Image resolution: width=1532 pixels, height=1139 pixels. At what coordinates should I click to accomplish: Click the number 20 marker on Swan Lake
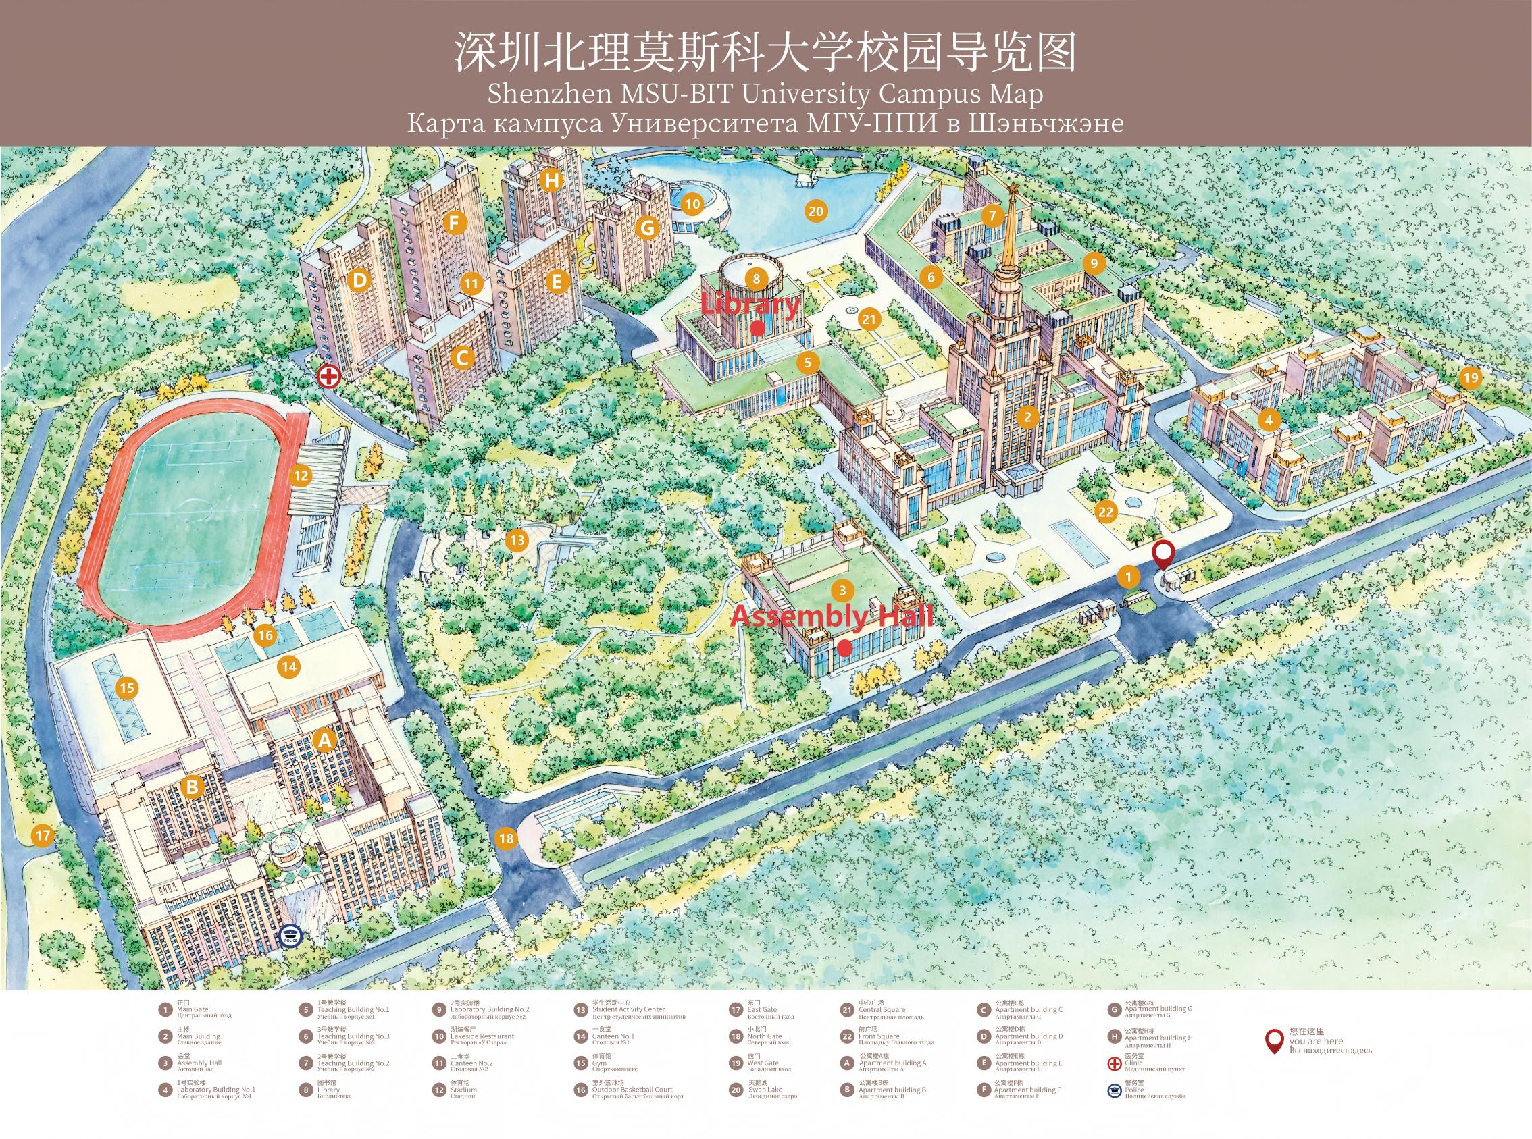815,211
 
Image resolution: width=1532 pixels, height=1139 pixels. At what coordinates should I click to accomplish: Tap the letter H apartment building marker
551,181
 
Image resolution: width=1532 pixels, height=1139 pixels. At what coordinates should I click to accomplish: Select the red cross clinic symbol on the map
329,377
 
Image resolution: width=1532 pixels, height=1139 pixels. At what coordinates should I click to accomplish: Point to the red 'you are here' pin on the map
1165,554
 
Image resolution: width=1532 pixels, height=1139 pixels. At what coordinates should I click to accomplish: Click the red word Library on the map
750,304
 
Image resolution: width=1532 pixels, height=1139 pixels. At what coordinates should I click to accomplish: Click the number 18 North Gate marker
507,839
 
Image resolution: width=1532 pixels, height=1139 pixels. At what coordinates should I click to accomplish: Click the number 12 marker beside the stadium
301,475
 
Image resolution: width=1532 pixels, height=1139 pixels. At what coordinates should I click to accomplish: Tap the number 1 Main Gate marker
1129,577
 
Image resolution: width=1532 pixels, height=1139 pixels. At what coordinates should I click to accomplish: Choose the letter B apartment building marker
193,787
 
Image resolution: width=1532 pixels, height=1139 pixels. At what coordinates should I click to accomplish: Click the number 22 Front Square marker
1106,512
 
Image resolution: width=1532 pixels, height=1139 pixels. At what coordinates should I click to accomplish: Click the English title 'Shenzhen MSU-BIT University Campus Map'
765,95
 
